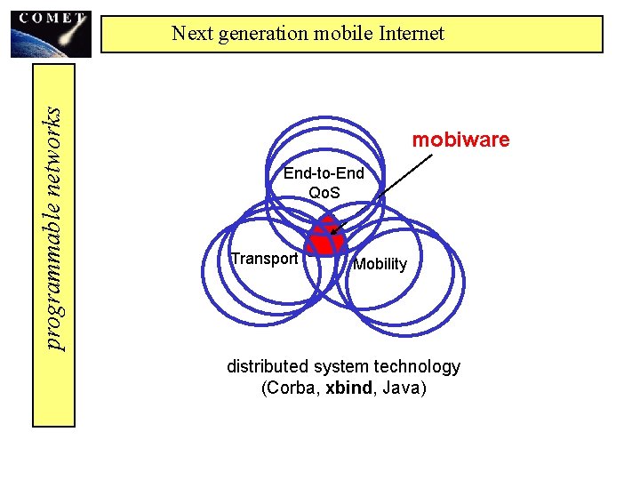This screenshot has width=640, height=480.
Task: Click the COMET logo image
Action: point(51,33)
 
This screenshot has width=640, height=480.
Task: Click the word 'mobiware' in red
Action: point(460,140)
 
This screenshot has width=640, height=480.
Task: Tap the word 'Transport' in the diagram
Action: point(263,259)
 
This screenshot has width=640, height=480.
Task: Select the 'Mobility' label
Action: point(380,264)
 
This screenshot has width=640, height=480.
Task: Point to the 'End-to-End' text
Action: point(324,173)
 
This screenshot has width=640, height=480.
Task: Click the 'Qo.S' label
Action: point(324,192)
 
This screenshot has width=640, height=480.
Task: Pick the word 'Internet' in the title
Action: point(410,34)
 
